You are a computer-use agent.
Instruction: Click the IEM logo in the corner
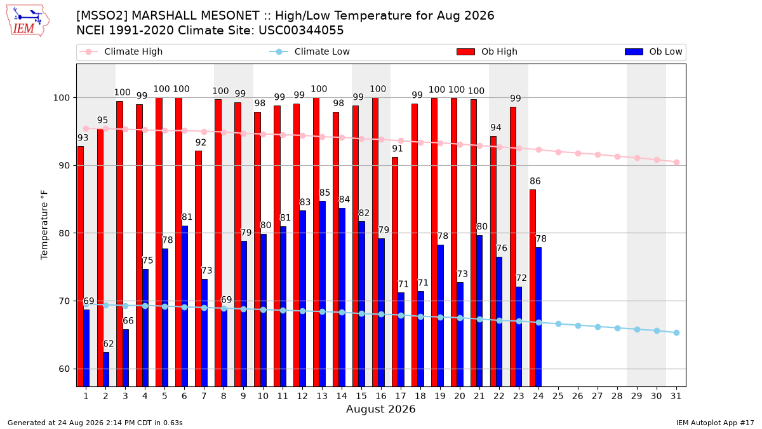pos(28,21)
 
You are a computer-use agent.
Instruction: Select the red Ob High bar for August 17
pos(395,272)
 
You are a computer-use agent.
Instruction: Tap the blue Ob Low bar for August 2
pos(106,369)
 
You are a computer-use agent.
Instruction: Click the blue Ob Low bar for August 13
pos(322,294)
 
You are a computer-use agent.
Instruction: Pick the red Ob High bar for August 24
pos(533,288)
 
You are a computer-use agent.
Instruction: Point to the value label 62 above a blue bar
pos(108,344)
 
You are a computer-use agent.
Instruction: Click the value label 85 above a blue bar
pos(324,193)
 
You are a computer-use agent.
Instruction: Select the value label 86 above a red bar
pos(535,181)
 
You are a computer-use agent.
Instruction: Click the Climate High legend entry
pos(121,51)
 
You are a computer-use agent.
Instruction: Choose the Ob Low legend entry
pos(653,51)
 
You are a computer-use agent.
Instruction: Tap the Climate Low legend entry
pos(310,51)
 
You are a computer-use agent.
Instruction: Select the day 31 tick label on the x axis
pos(676,396)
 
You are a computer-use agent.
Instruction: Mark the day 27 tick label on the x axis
pos(598,396)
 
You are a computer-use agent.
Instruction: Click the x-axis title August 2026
pos(380,409)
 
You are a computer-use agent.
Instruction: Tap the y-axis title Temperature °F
pos(44,226)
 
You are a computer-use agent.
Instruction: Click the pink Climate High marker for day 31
pos(677,163)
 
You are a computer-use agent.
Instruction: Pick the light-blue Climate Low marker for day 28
pos(617,328)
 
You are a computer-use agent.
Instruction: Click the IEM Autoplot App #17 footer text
pos(715,423)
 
